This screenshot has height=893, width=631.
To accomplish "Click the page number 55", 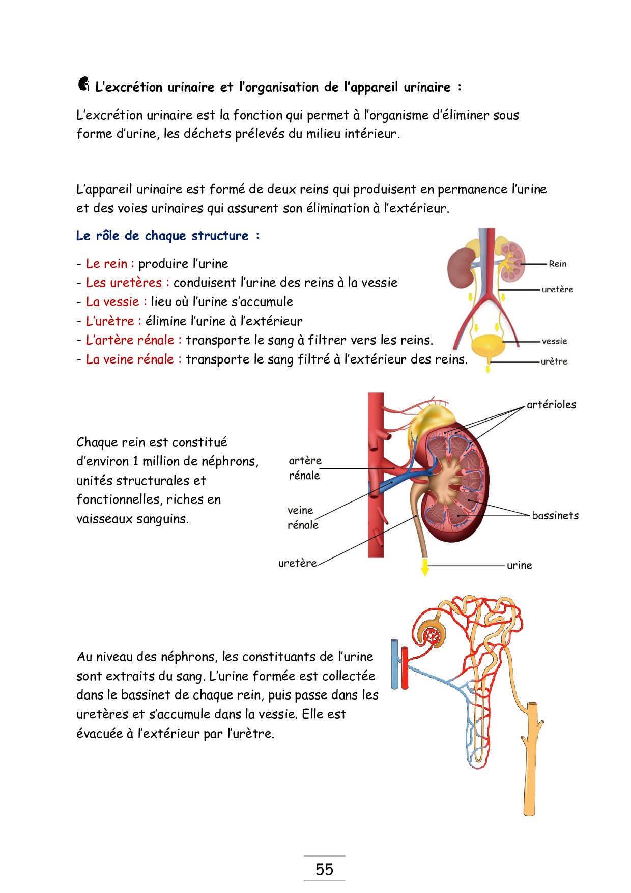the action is (324, 869).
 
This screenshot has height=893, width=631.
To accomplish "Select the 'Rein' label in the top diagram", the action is (557, 264).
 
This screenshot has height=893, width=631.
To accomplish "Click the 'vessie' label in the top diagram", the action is (554, 341).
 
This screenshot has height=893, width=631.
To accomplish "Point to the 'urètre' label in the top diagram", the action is (554, 361).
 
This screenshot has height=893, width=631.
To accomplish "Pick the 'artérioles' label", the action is (551, 405).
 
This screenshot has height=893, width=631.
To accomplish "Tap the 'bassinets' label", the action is (555, 516).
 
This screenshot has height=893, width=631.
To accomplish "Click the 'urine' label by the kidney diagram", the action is (519, 565).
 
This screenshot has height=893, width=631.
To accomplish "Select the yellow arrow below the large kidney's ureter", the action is (425, 568).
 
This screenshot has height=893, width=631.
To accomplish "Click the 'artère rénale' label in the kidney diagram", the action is (305, 468).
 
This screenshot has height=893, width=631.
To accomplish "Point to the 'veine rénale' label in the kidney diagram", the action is (303, 517).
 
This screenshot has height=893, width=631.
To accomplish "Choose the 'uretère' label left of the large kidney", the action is (297, 563).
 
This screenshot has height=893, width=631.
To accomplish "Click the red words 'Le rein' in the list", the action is (106, 264).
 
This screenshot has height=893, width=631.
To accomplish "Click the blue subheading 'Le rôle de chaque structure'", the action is (162, 236).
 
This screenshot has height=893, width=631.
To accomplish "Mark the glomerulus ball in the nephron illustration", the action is (432, 635).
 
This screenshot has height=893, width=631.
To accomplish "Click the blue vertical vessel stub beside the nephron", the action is (395, 664).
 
